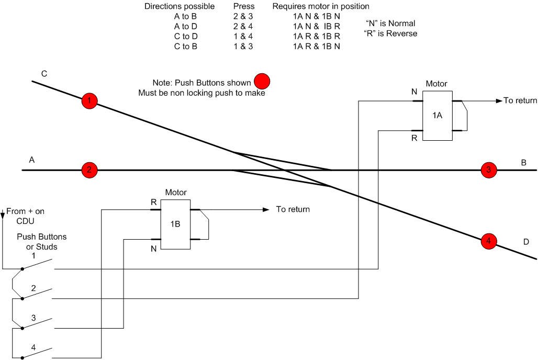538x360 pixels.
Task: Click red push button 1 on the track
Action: pyautogui.click(x=89, y=101)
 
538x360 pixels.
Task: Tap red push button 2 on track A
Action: pyautogui.click(x=89, y=170)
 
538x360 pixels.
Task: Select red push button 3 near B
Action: pyautogui.click(x=489, y=170)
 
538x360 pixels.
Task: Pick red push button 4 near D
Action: pyautogui.click(x=489, y=241)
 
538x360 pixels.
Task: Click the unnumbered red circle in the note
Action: pyautogui.click(x=262, y=82)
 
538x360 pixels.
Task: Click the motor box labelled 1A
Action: pyautogui.click(x=437, y=116)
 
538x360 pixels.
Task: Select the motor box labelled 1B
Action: pyautogui.click(x=175, y=224)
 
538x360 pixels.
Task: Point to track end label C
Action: pyautogui.click(x=44, y=74)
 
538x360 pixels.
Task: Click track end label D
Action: pyautogui.click(x=526, y=242)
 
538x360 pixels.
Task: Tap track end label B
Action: pyautogui.click(x=523, y=163)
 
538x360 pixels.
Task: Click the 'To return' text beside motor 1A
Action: pyautogui.click(x=520, y=100)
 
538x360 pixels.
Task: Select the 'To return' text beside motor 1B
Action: pyautogui.click(x=293, y=209)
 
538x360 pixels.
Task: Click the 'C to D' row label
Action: pyautogui.click(x=186, y=37)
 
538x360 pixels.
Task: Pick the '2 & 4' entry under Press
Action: pyautogui.click(x=243, y=27)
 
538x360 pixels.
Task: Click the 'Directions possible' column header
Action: pyautogui.click(x=180, y=6)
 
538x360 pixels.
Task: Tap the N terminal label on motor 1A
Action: pyautogui.click(x=414, y=92)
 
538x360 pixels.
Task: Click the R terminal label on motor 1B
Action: pyautogui.click(x=154, y=203)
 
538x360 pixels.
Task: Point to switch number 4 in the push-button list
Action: pyautogui.click(x=33, y=347)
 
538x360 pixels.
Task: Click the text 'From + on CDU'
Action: pyautogui.click(x=26, y=216)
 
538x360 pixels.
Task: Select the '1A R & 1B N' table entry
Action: pyautogui.click(x=316, y=47)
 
